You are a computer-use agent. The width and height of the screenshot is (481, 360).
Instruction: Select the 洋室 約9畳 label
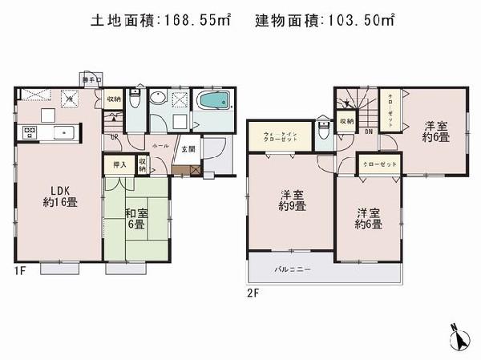click(x=290, y=200)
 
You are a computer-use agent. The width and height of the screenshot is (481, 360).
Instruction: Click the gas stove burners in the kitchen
click(x=29, y=131)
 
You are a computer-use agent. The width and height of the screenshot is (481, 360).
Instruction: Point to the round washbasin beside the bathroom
click(x=159, y=99)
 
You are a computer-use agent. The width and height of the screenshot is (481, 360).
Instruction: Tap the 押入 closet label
click(x=118, y=164)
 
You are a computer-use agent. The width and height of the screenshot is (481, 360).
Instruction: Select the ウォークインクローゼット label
click(x=281, y=136)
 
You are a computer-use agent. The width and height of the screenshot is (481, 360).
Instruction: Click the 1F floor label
click(x=20, y=271)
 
